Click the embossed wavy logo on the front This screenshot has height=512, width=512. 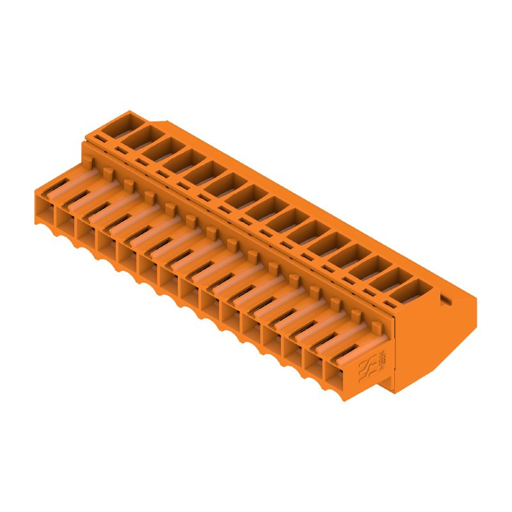point(367,367)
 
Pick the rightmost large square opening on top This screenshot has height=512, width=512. point(413,292)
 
